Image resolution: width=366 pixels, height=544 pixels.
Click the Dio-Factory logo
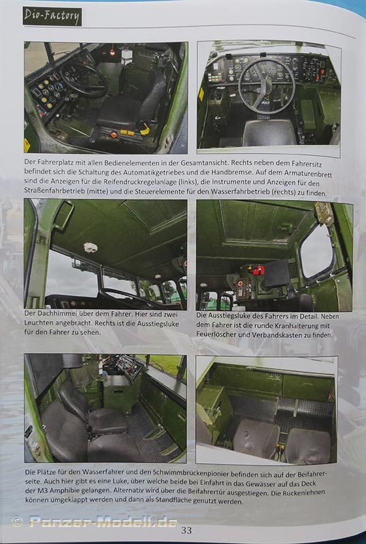(x=52, y=16)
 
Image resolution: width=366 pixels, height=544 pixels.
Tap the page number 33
(x=186, y=530)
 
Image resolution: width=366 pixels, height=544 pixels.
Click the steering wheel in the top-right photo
(x=267, y=85)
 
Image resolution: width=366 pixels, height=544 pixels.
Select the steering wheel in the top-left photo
(x=84, y=79)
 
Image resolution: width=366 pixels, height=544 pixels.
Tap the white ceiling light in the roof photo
(x=90, y=248)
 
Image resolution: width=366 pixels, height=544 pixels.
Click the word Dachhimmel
(x=50, y=313)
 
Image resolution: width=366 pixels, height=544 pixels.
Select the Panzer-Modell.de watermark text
(x=103, y=522)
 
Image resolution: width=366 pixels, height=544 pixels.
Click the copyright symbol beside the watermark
(x=17, y=522)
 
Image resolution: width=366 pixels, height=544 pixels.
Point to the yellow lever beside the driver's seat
(x=144, y=131)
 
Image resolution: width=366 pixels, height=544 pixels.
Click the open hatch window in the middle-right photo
(x=316, y=251)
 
